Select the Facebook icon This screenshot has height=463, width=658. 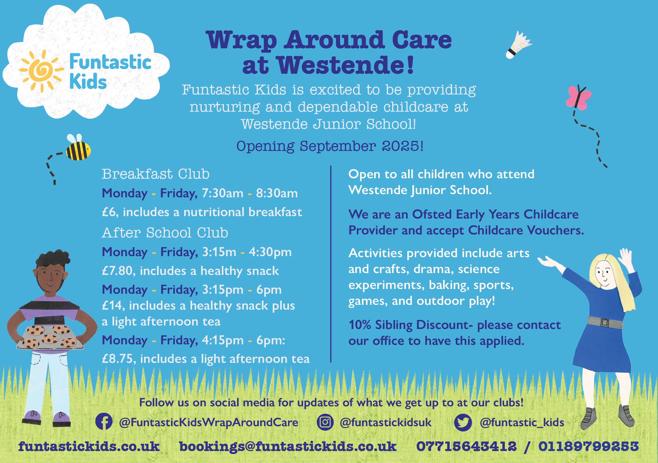click(x=104, y=421)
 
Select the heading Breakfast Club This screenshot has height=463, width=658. click(x=156, y=174)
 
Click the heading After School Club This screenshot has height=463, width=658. click(x=165, y=233)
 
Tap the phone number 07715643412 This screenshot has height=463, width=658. click(x=466, y=446)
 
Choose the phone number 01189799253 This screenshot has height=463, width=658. click(x=589, y=446)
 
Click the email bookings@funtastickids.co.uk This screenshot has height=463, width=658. click(x=288, y=447)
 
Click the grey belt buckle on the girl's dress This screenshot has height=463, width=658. click(x=605, y=323)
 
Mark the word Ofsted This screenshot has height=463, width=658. click(x=432, y=214)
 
